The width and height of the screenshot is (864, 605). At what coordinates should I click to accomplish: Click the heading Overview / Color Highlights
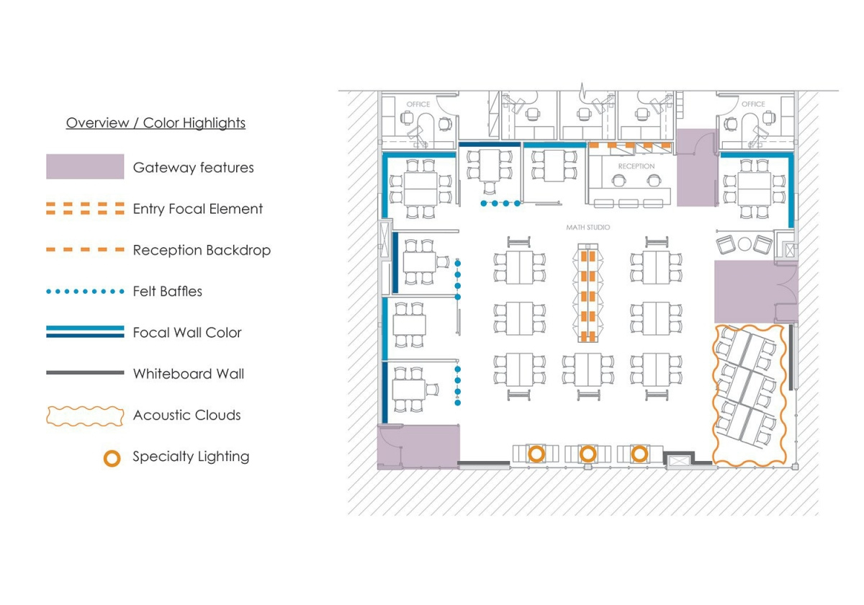(156, 122)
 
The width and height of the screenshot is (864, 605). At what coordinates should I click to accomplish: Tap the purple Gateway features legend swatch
(85, 166)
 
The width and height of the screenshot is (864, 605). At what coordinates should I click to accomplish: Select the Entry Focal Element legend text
(197, 209)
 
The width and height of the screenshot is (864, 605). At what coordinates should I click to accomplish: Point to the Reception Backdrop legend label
(202, 250)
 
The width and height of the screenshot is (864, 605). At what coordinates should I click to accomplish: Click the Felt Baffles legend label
(167, 291)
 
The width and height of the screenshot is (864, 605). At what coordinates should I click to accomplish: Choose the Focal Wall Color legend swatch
(85, 332)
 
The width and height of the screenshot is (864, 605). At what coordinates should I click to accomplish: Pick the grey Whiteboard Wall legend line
(85, 373)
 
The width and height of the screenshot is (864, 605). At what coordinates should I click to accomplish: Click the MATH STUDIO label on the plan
(588, 228)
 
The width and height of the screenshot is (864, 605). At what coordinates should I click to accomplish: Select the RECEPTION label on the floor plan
(636, 166)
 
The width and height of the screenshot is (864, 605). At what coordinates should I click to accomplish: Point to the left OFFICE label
(418, 104)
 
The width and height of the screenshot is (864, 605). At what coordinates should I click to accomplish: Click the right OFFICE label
(753, 104)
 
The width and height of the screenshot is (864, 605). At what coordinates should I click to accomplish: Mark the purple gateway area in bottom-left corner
(418, 447)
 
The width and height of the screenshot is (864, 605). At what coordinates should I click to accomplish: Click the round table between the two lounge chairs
(744, 244)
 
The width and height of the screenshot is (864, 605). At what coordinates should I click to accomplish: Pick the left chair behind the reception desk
(618, 180)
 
